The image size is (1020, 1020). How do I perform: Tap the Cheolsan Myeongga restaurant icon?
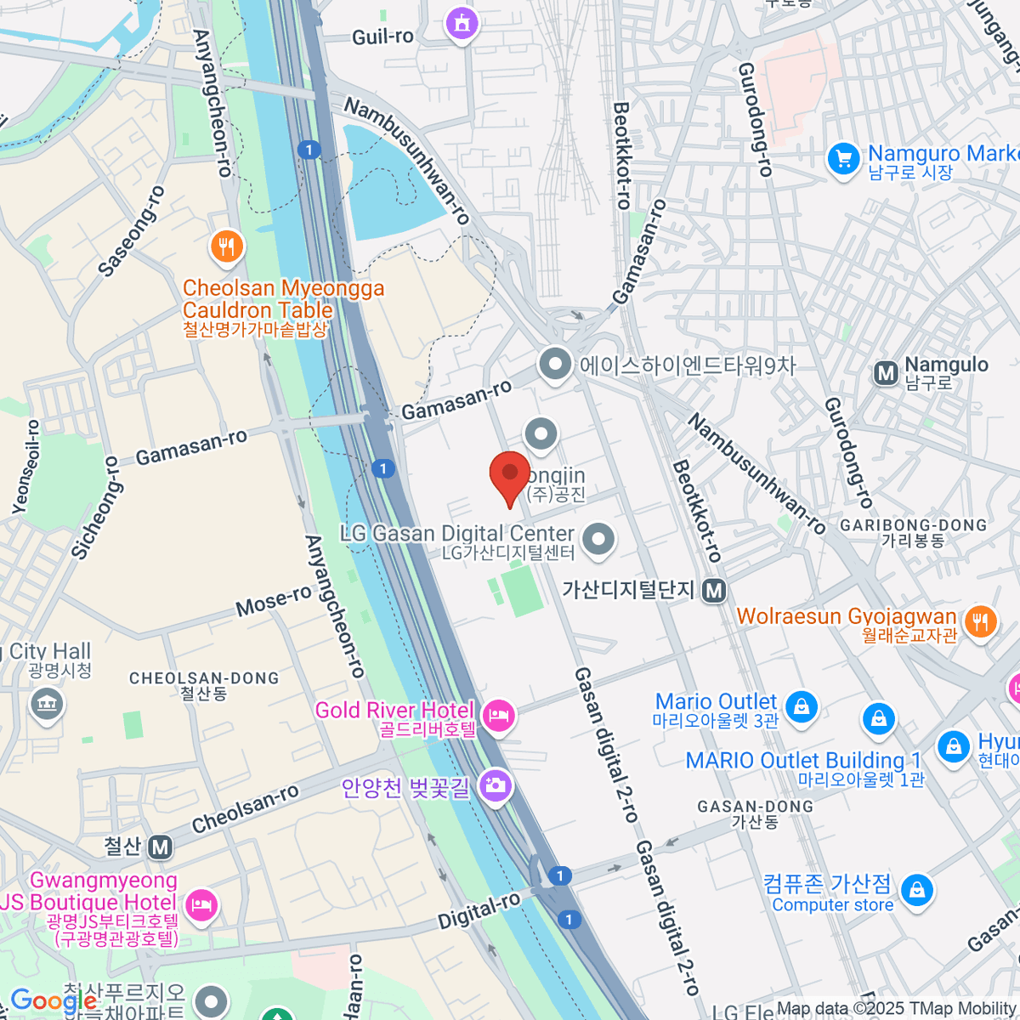click(226, 247)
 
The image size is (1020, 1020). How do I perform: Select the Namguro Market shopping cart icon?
click(843, 159)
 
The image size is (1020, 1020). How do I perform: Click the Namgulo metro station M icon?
click(886, 372)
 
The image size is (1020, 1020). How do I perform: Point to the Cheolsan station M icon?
click(160, 847)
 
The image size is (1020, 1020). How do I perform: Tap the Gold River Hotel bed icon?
click(498, 717)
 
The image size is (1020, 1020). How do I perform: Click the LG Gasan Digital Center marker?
click(599, 539)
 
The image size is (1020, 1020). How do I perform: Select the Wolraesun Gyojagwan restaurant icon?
click(980, 621)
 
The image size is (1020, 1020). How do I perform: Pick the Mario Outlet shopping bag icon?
click(801, 706)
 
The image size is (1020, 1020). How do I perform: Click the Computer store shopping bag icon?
click(916, 891)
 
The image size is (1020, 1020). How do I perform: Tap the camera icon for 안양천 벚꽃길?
click(494, 785)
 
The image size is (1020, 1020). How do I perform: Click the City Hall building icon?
click(46, 704)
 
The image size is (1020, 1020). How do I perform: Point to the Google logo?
click(53, 1001)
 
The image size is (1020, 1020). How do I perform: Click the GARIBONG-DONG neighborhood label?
click(913, 526)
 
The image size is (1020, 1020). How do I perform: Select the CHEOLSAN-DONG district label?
click(204, 678)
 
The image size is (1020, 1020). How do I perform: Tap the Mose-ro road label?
click(274, 601)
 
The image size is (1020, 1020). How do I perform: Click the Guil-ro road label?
click(382, 37)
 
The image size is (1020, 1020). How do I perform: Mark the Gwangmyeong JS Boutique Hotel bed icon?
click(201, 904)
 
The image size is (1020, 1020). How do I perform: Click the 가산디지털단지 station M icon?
click(714, 590)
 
